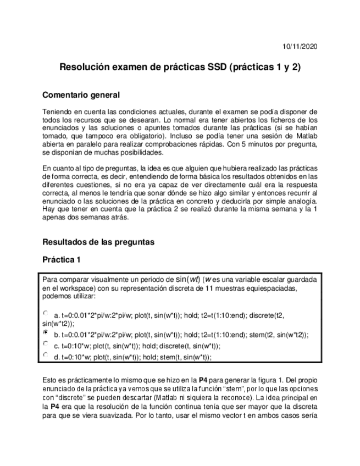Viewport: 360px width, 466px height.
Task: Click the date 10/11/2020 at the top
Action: pyautogui.click(x=299, y=46)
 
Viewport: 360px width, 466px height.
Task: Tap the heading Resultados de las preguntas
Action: pyautogui.click(x=98, y=242)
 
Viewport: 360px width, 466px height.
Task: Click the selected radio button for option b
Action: pyautogui.click(x=45, y=332)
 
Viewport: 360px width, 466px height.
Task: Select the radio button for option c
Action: pyautogui.click(x=45, y=344)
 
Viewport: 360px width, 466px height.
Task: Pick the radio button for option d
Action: pyautogui.click(x=45, y=355)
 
